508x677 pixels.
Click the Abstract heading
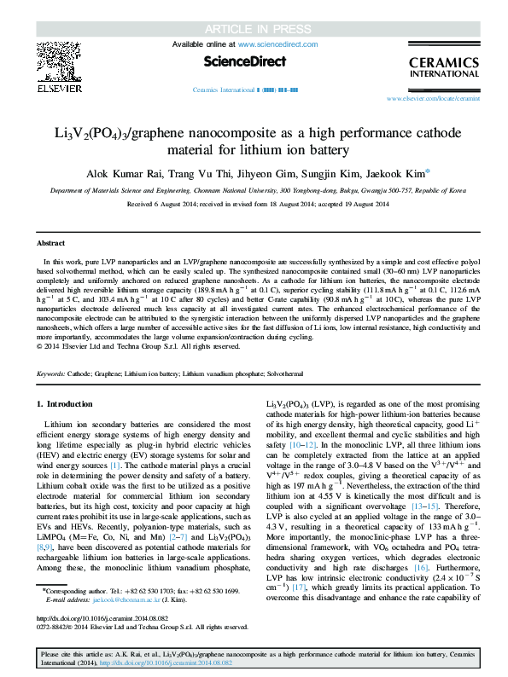point(53,243)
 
